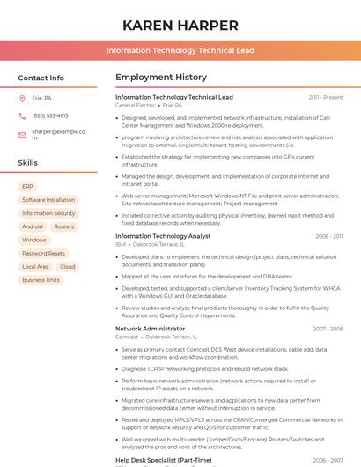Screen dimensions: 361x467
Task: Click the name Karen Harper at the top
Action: (x=180, y=25)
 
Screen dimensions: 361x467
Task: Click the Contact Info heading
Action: (x=41, y=78)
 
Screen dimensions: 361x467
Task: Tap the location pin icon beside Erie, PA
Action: (x=22, y=99)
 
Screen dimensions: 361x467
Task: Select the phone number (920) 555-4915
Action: (x=50, y=115)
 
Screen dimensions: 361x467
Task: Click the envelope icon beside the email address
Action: (x=22, y=135)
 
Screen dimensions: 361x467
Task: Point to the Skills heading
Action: (x=28, y=163)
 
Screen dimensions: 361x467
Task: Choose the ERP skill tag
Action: (x=27, y=187)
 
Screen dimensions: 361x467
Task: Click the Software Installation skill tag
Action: (x=48, y=200)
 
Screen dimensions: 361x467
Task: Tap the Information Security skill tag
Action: (x=48, y=213)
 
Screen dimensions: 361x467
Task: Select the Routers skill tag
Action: (x=63, y=226)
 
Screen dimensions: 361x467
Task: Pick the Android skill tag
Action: (x=32, y=226)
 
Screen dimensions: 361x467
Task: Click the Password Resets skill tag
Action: (x=43, y=254)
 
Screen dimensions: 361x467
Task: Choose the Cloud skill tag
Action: (x=68, y=267)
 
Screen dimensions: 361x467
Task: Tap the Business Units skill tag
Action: (x=41, y=280)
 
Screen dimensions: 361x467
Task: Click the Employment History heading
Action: (x=161, y=78)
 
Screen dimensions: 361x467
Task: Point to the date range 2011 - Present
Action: (x=326, y=97)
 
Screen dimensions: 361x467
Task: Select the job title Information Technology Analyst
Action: (x=163, y=236)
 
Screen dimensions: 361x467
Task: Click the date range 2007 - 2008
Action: (x=328, y=329)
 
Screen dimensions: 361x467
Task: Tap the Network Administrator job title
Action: (x=150, y=329)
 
